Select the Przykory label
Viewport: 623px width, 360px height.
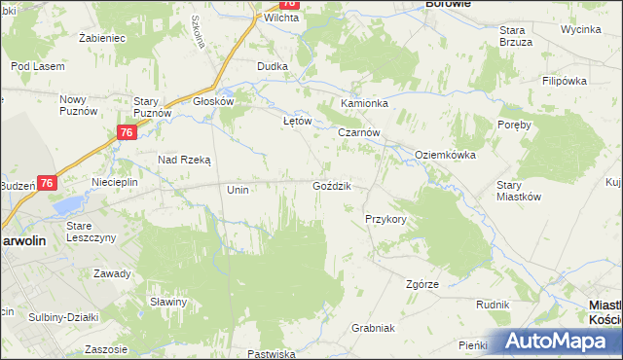tap(385, 219)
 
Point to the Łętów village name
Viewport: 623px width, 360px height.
tap(296, 122)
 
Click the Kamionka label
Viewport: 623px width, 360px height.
tap(364, 103)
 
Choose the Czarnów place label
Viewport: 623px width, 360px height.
tap(358, 134)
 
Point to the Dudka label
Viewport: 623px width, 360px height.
tap(273, 65)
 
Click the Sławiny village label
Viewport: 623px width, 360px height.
tap(167, 301)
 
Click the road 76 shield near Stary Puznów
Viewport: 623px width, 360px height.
tap(126, 133)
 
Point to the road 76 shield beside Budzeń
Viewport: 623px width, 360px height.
tap(49, 182)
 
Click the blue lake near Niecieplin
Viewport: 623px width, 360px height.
tap(68, 205)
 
